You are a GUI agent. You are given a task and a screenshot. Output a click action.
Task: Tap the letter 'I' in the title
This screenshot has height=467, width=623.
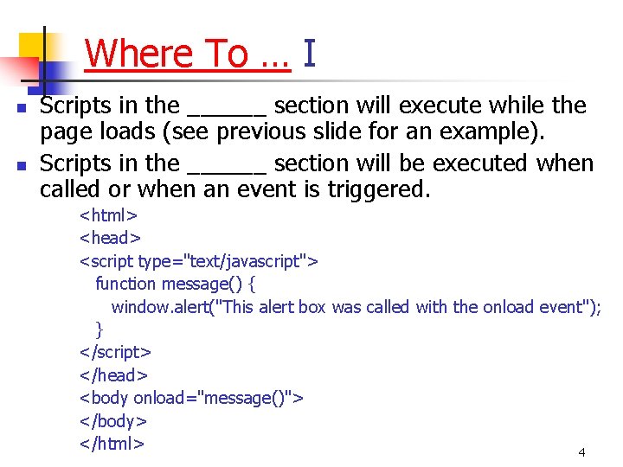(x=310, y=54)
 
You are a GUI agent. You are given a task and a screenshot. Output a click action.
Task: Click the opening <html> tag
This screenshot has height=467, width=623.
(x=109, y=214)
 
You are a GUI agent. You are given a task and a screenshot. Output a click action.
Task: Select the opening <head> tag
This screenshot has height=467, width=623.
(x=110, y=238)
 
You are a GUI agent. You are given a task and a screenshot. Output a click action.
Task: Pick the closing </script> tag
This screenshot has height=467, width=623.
(x=116, y=352)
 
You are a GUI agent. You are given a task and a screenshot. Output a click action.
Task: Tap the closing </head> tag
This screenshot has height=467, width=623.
(x=113, y=375)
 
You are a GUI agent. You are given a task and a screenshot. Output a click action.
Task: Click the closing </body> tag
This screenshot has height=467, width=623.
(x=113, y=421)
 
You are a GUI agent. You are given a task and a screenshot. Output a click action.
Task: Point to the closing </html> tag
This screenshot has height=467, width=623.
(x=112, y=444)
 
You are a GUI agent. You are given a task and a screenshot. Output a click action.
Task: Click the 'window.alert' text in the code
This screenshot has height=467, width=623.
(x=157, y=307)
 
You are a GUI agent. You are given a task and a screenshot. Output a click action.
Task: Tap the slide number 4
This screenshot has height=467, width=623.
(x=581, y=452)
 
